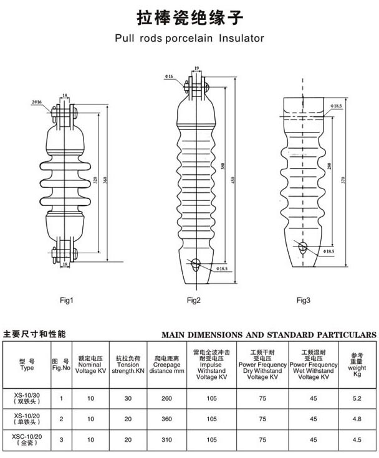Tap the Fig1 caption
(67, 301)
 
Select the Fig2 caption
(193, 301)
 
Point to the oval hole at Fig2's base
(196, 264)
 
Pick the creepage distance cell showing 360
(167, 419)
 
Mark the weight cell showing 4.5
(357, 440)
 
